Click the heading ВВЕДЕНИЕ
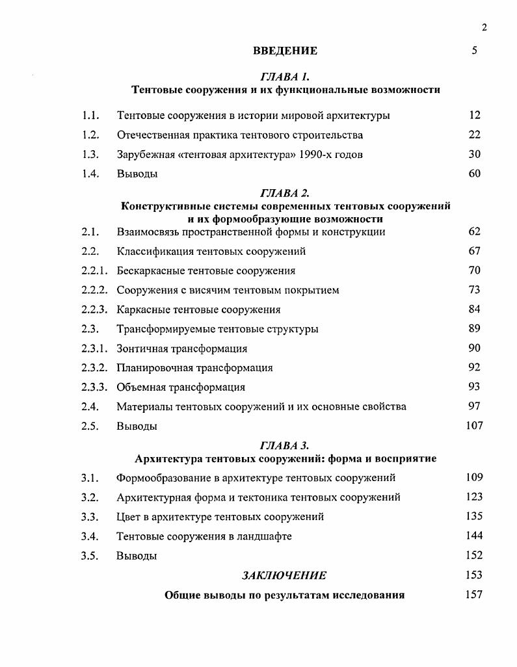click(285, 51)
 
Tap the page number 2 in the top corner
click(484, 27)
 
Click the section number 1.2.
click(90, 135)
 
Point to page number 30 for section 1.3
click(474, 154)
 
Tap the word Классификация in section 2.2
click(150, 251)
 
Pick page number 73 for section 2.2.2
click(474, 289)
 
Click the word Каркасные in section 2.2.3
click(141, 309)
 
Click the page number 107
click(474, 426)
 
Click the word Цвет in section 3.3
click(128, 517)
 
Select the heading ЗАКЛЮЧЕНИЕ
click(284, 575)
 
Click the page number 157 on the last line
click(474, 595)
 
